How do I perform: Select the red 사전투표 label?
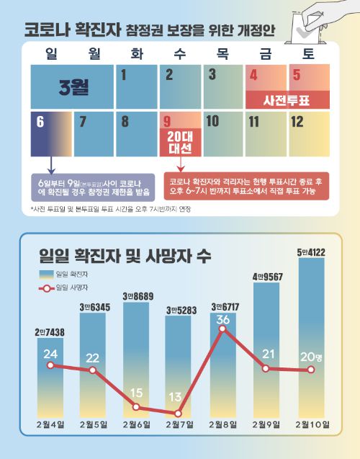click(x=287, y=99)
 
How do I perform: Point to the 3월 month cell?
click(x=72, y=86)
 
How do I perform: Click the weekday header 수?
click(x=180, y=53)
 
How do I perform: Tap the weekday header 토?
click(x=308, y=53)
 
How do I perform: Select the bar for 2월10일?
click(x=312, y=339)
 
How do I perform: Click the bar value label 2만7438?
click(x=50, y=331)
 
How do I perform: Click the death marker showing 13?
click(x=179, y=413)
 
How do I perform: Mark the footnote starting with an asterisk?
click(x=115, y=209)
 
